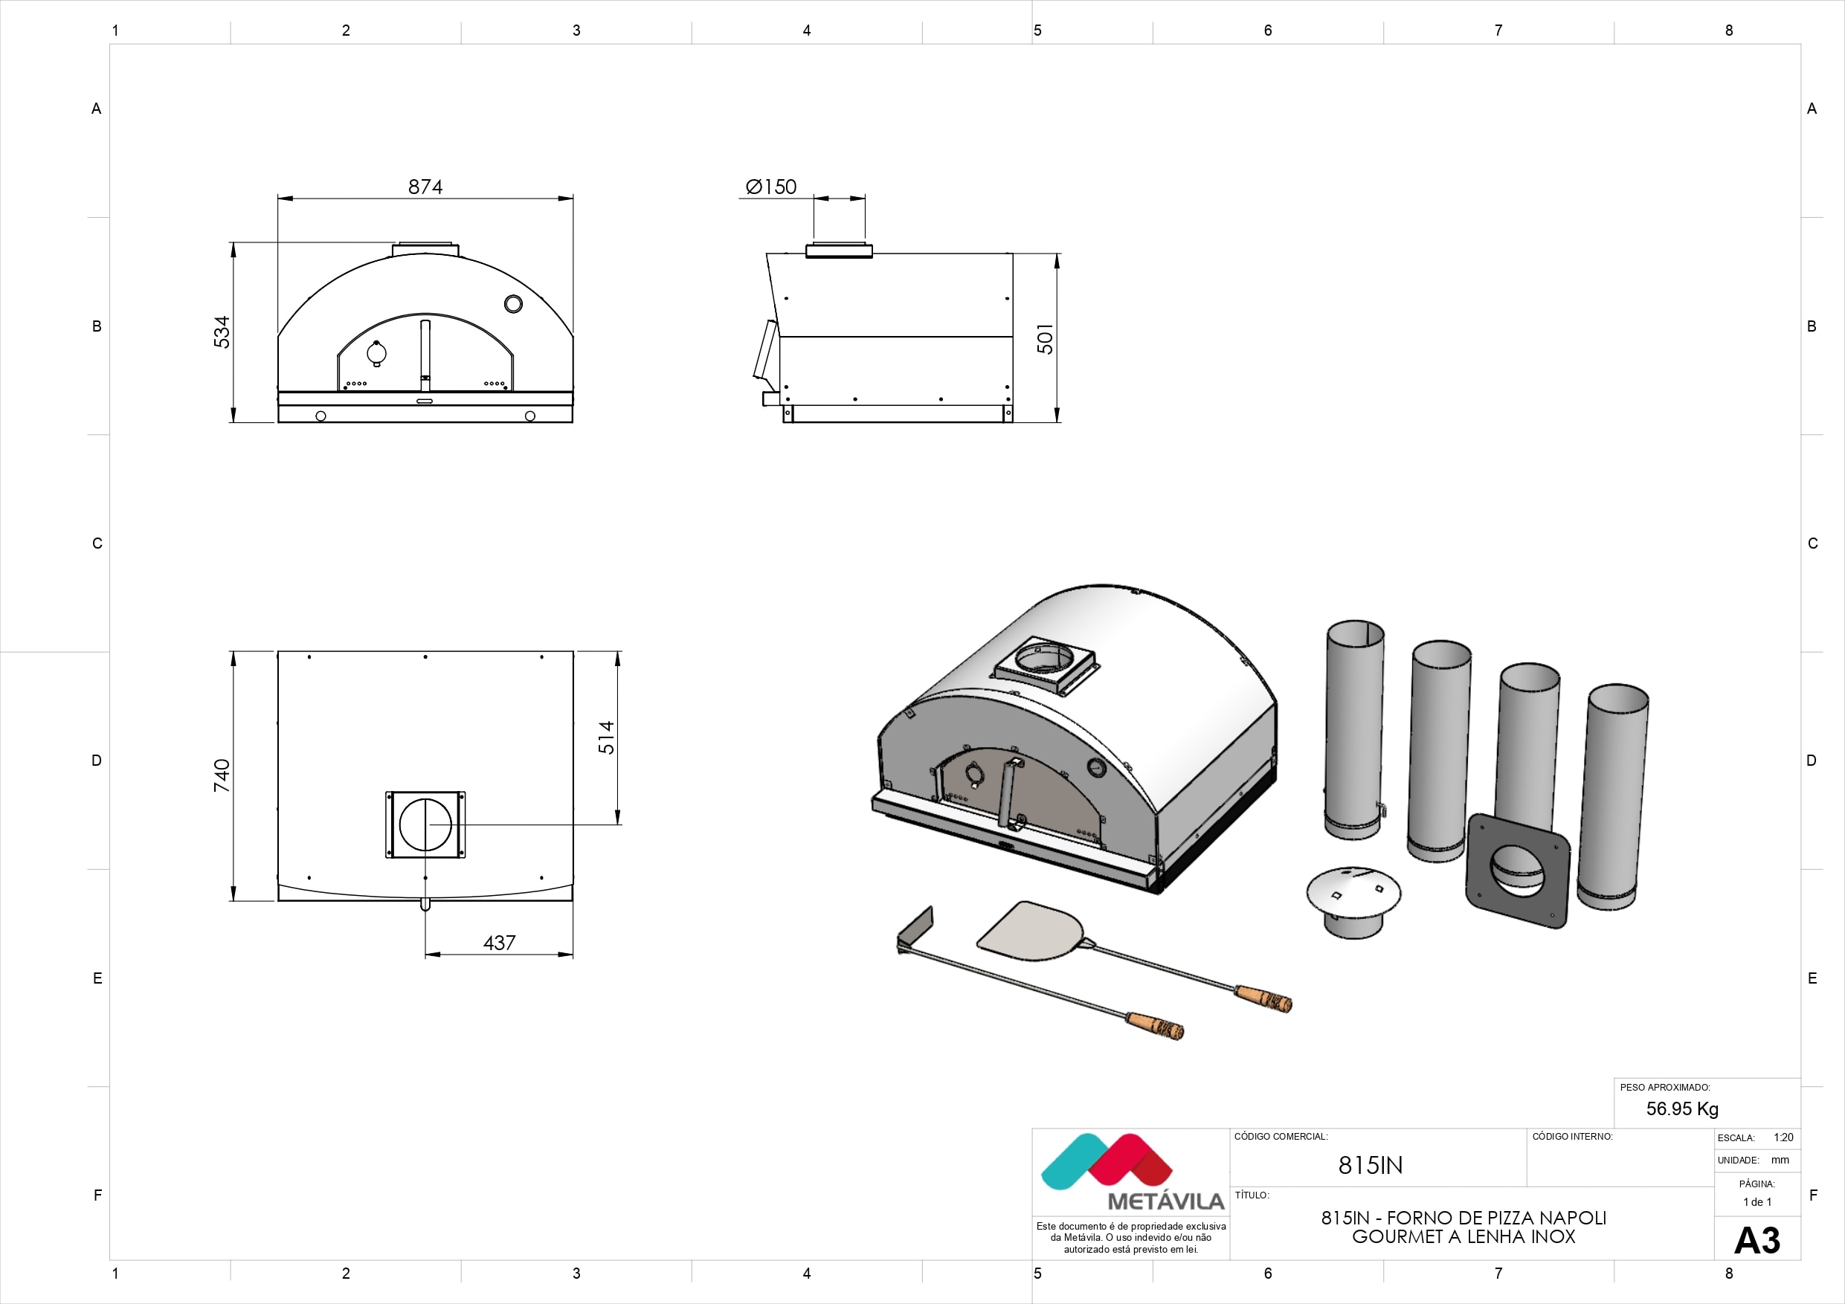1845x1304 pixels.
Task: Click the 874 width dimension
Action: (425, 187)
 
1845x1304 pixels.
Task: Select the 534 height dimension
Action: (222, 332)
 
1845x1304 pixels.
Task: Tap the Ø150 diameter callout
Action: (770, 187)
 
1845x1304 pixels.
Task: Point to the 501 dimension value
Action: (1045, 338)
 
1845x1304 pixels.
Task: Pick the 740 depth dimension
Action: (222, 775)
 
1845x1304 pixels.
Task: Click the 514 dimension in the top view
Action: (606, 737)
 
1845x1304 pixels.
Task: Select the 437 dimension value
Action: (499, 943)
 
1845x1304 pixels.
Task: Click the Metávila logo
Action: (1131, 1172)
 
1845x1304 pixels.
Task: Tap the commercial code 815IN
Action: (1370, 1165)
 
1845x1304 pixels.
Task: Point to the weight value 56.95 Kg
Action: (1682, 1108)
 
